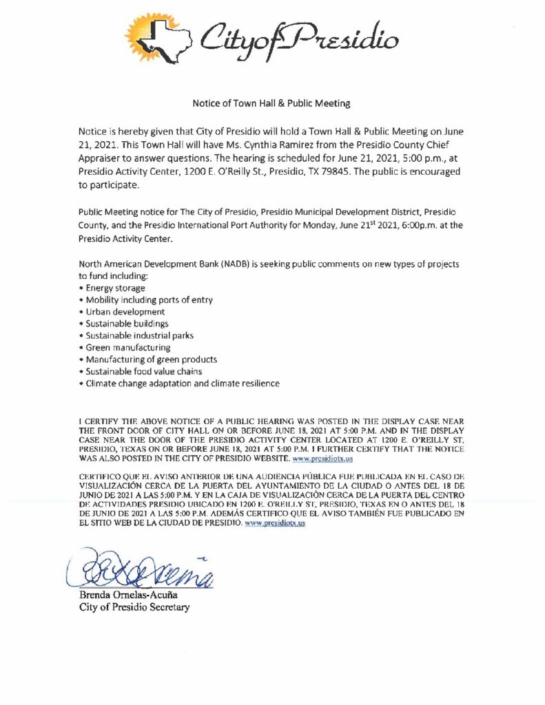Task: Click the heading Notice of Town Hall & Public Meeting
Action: tap(271, 103)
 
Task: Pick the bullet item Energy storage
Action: tap(114, 288)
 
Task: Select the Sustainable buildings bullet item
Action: tap(127, 323)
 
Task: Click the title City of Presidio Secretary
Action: tap(134, 607)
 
